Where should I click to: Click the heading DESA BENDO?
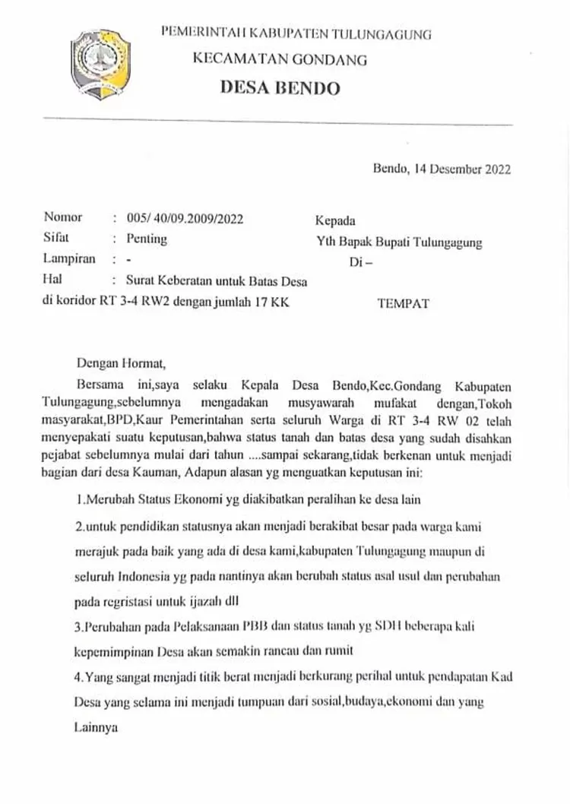pos(280,87)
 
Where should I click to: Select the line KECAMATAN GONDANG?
pos(280,59)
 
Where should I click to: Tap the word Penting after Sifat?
pos(147,239)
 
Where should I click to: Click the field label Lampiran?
pos(70,258)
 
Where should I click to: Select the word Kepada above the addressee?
pos(335,221)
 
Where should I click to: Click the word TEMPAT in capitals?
pos(403,303)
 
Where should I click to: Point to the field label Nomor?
pos(63,218)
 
